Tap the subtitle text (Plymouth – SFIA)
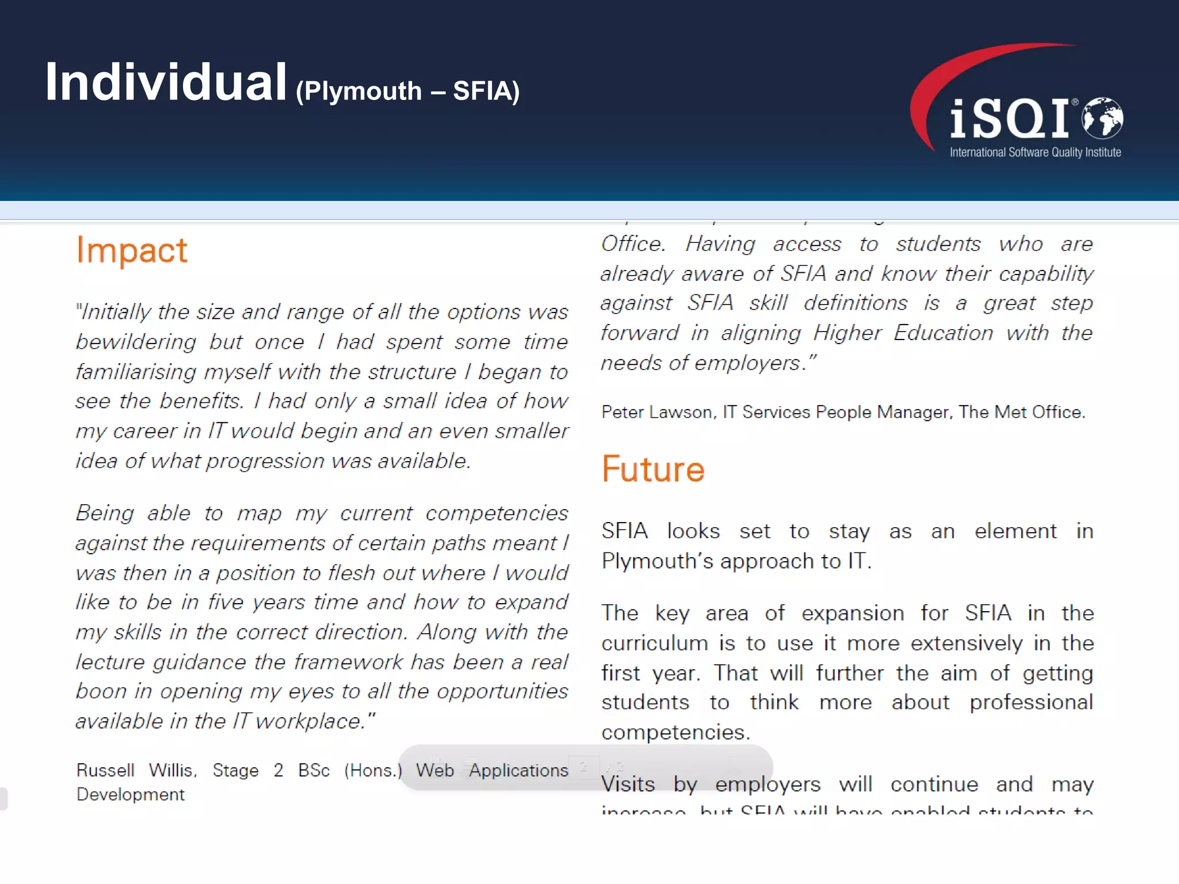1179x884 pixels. click(x=408, y=91)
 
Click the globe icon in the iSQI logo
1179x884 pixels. click(x=1102, y=118)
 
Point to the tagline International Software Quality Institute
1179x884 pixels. click(x=1035, y=153)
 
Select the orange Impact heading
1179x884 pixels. click(x=132, y=251)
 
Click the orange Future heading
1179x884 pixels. click(x=653, y=469)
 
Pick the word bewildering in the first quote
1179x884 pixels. click(x=136, y=342)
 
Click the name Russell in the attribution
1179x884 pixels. click(x=105, y=770)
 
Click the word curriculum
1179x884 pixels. click(x=655, y=643)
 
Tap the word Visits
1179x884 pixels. click(x=628, y=784)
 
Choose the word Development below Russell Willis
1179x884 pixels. click(x=131, y=795)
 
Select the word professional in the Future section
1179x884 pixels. click(x=1031, y=703)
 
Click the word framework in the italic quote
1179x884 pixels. click(x=348, y=662)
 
